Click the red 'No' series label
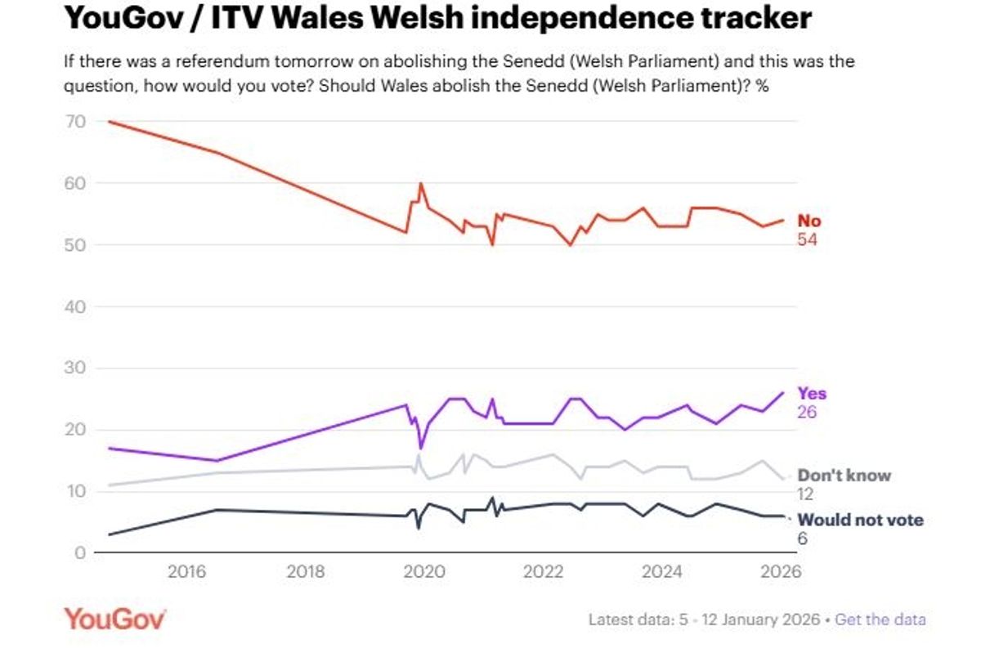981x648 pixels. tap(809, 221)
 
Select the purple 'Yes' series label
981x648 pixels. tap(812, 394)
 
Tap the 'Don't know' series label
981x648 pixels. tap(844, 476)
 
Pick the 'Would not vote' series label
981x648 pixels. tap(860, 521)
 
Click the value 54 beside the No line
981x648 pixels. tap(807, 240)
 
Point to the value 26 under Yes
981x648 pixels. tap(807, 412)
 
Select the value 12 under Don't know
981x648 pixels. tap(806, 494)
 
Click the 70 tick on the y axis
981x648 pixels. tap(75, 122)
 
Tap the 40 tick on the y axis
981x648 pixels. tap(75, 306)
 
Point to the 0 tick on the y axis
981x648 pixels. tap(80, 553)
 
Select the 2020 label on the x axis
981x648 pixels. tap(422, 572)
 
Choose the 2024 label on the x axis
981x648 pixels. tap(658, 572)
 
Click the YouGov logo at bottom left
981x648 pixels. tap(114, 619)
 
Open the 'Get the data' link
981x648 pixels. tap(880, 619)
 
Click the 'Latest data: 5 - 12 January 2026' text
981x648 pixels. tap(704, 619)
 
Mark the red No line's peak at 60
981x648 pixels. tap(421, 184)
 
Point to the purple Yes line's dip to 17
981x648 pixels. tap(421, 448)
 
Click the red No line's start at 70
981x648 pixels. tap(109, 122)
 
